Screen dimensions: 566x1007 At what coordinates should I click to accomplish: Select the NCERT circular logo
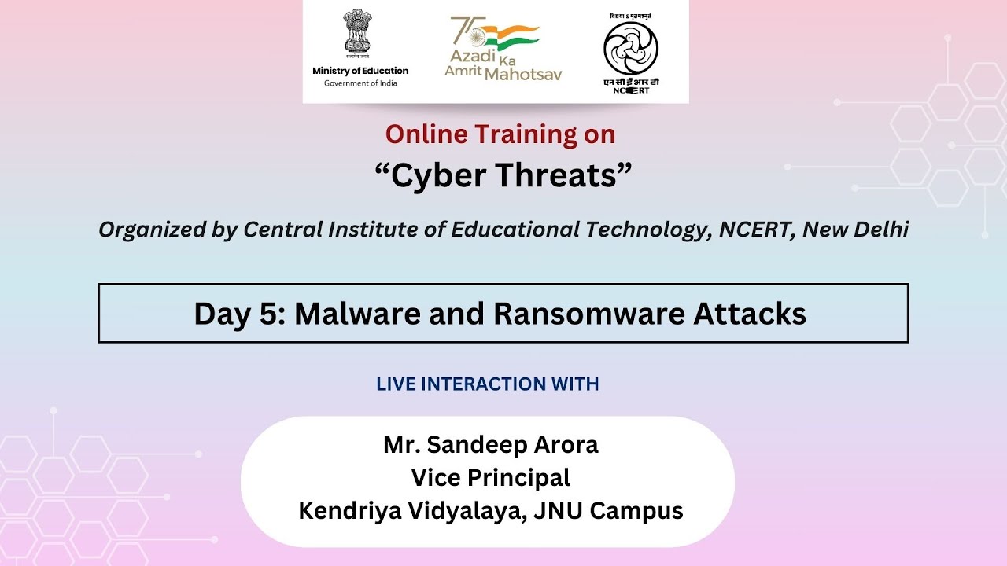630,48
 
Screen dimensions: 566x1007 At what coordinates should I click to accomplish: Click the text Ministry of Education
360,71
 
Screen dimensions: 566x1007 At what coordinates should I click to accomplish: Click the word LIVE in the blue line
396,384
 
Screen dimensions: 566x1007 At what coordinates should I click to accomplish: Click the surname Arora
564,445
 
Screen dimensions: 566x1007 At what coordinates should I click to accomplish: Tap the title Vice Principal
490,478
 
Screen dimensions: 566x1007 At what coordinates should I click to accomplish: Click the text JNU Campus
608,511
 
